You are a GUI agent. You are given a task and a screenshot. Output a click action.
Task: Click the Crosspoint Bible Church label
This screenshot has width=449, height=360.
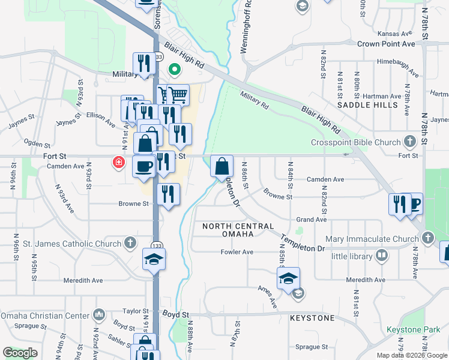click(356, 142)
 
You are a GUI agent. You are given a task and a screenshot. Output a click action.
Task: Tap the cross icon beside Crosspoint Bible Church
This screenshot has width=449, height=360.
click(410, 142)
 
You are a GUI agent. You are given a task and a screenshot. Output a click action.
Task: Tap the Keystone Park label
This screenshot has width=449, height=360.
click(414, 330)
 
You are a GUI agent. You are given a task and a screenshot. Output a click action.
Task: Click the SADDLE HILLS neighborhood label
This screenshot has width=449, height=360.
click(367, 104)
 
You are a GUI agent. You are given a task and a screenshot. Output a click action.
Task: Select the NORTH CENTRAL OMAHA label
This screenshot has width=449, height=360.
click(238, 230)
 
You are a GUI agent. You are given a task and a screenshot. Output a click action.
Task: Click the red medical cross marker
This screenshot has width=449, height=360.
click(119, 162)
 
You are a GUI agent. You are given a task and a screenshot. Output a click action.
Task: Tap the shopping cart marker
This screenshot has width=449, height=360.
click(178, 94)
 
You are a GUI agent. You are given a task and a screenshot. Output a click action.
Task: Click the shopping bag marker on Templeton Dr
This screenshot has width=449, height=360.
click(222, 166)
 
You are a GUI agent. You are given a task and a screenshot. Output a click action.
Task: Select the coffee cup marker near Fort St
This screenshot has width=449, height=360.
click(143, 166)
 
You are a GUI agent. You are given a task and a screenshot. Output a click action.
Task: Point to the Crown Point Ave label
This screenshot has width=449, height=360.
click(386, 44)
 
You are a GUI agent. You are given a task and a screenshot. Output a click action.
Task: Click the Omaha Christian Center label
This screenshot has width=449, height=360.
click(46, 316)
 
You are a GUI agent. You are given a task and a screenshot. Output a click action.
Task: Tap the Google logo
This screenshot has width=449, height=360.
click(20, 353)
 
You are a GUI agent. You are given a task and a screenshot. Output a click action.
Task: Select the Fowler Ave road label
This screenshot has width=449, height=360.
click(237, 252)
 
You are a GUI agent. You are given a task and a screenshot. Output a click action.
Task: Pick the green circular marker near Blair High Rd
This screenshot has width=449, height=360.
click(175, 69)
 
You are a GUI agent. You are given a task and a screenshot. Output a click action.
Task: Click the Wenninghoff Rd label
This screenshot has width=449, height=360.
click(244, 27)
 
